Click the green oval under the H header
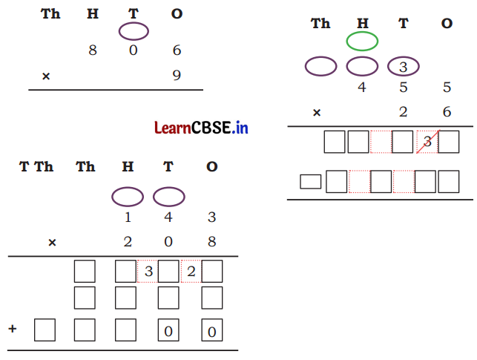click(362, 41)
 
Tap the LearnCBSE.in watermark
click(201, 128)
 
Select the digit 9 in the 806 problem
click(176, 75)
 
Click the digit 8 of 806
click(93, 50)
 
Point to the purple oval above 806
click(134, 32)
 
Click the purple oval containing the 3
click(404, 67)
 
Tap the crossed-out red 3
click(427, 142)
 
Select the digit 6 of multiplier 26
click(447, 113)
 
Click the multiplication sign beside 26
click(317, 113)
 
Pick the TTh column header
click(36, 167)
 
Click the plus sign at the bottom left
click(12, 327)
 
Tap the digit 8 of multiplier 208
click(211, 242)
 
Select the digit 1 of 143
click(128, 217)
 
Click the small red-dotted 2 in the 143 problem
click(191, 272)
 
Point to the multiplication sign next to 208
click(52, 242)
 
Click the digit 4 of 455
click(362, 88)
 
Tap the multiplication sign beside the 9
click(46, 76)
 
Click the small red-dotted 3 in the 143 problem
click(148, 272)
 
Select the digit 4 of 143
click(169, 217)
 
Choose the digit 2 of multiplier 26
click(404, 113)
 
